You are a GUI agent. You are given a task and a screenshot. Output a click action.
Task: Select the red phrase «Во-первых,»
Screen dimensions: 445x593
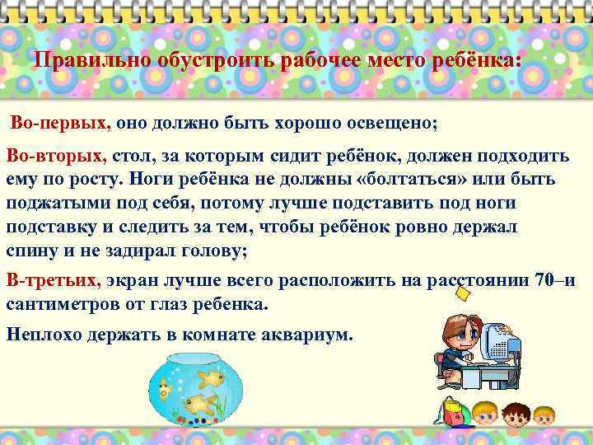[x=59, y=124]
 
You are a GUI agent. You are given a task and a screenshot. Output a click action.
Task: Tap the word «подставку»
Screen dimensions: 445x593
[x=52, y=228]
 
